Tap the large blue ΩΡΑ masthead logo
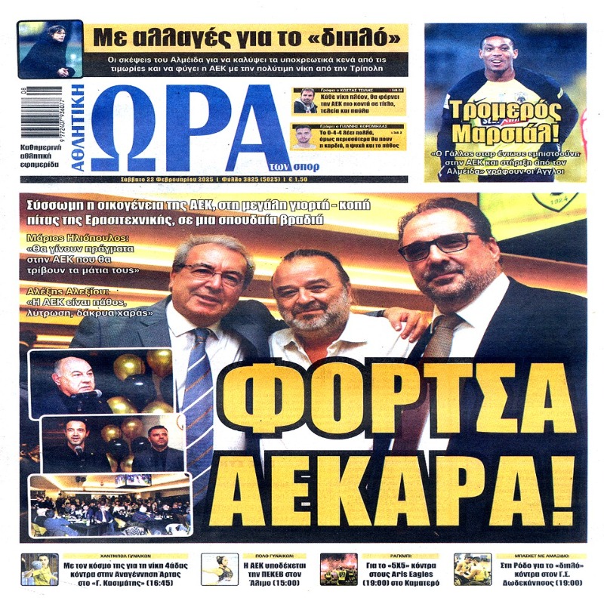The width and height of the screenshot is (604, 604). point(193,125)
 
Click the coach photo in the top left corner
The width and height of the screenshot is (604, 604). point(50,49)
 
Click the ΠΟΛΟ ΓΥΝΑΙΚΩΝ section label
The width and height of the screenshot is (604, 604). point(263,553)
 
